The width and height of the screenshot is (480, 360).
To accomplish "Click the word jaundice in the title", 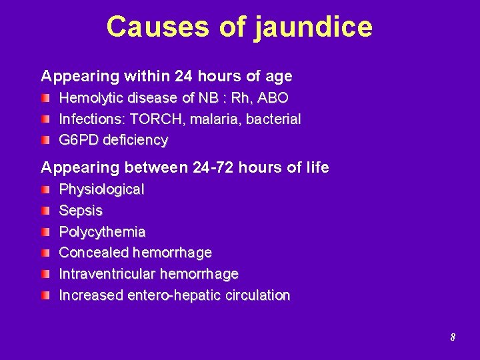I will pos(313,27).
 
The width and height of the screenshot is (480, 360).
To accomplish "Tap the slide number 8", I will pos(453,337).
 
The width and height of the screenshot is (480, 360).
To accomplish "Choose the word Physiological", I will pos(101,189).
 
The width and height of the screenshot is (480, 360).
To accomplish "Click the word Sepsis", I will pos(81,211).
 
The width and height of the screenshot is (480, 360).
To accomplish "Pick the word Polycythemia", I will pos(102,232).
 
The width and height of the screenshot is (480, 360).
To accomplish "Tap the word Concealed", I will pos(94,253).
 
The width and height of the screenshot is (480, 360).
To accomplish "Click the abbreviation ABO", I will pos(273,98).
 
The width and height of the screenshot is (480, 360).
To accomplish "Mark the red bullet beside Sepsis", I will pos(45,211).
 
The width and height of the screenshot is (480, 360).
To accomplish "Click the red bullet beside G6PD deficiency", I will pos(45,141).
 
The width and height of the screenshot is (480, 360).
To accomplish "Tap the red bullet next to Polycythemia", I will pos(45,233).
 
